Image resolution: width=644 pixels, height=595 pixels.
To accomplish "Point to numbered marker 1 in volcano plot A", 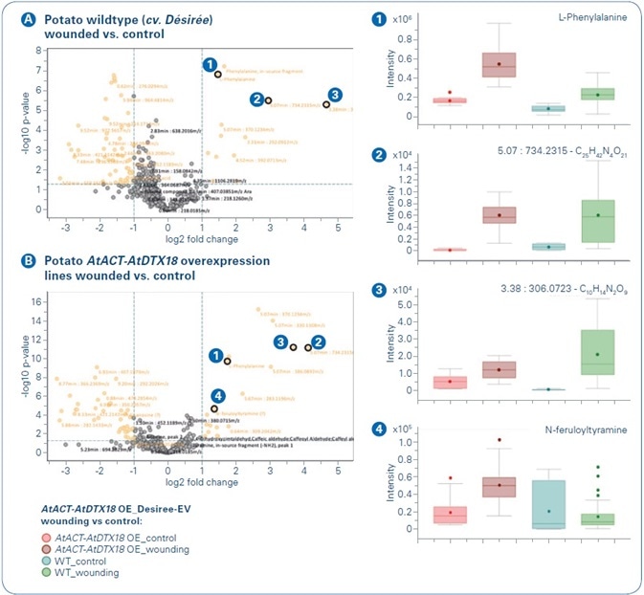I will pos(208,64).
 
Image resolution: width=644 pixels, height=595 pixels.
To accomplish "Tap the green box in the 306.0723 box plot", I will pos(596,352).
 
